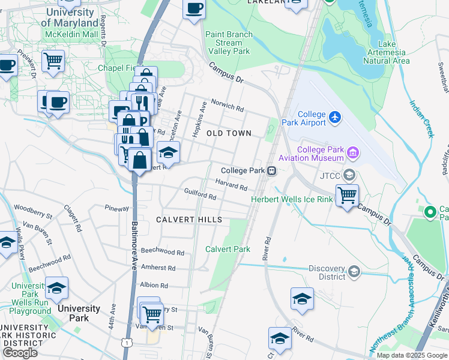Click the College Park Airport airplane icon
(x=334, y=118)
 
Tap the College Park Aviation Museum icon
(x=352, y=154)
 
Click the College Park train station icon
(x=272, y=171)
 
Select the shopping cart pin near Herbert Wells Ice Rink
(x=347, y=195)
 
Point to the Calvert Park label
(x=228, y=249)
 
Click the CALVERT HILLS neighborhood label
(x=189, y=220)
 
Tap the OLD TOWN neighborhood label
(x=228, y=133)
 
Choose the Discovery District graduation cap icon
(x=354, y=272)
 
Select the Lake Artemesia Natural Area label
(x=386, y=52)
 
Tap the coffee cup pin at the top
(x=194, y=9)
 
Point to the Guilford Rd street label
(x=200, y=196)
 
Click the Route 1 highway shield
(x=127, y=342)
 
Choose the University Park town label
(x=79, y=313)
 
